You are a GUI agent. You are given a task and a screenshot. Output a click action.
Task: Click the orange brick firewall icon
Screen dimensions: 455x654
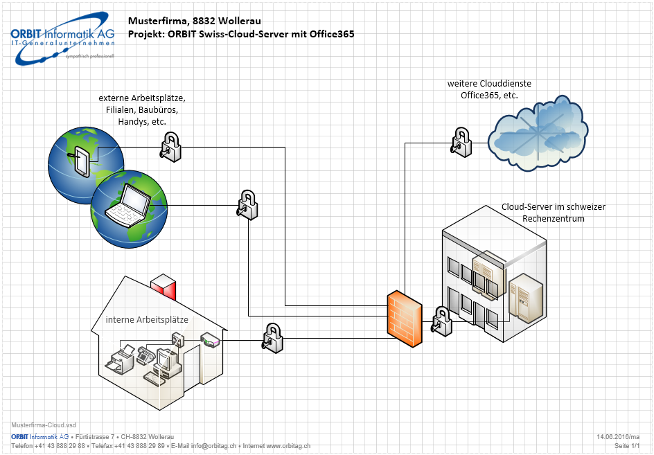(405, 316)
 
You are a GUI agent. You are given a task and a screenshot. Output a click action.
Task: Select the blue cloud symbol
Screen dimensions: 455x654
(538, 133)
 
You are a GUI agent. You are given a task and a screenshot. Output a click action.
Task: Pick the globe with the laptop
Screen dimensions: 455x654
(130, 208)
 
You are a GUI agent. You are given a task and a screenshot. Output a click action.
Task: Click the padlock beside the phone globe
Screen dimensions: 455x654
(170, 147)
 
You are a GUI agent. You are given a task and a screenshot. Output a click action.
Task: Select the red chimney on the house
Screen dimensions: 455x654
(163, 286)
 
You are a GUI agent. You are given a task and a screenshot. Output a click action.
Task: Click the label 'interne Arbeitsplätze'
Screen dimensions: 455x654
(147, 320)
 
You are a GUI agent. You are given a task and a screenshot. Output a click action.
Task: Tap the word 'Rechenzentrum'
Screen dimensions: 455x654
(554, 219)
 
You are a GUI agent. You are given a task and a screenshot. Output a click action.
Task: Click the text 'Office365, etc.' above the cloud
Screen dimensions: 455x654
(489, 95)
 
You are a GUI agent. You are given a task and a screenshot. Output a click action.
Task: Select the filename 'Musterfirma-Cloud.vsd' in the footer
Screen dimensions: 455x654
(44, 425)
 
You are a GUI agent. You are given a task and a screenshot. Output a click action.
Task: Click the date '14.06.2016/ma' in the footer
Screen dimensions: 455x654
(618, 437)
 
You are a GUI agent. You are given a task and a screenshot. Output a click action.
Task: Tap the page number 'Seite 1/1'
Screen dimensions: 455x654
(627, 447)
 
